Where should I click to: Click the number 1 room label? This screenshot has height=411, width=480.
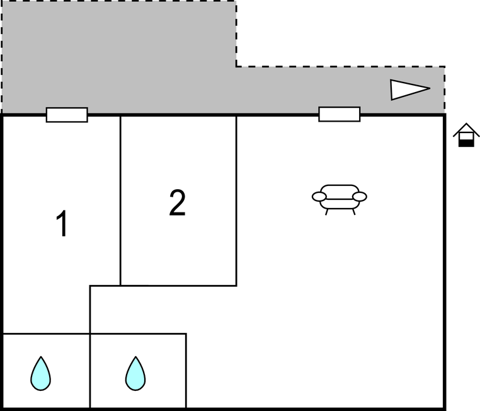62,223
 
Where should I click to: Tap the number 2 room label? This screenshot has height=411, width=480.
178,202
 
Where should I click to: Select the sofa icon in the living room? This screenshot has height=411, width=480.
339,200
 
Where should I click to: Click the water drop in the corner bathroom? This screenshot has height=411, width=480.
41,373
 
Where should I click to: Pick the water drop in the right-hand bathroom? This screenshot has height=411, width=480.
135,373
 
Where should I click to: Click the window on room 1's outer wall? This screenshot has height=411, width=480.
67,115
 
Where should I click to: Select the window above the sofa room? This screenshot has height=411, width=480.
339,114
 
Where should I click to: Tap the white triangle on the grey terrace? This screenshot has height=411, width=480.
409,90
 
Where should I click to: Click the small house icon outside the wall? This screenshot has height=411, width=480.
466,135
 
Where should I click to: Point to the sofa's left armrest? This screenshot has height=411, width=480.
319,197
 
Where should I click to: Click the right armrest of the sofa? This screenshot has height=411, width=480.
360,197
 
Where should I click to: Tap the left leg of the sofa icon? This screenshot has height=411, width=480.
327,212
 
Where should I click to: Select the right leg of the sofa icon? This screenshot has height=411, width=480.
354,212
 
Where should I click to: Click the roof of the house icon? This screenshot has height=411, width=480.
466,129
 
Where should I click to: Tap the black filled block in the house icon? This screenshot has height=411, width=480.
466,143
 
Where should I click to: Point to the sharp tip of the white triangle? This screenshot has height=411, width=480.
430,88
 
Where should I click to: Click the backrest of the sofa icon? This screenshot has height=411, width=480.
339,192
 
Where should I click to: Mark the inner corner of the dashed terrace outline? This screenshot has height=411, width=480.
236,66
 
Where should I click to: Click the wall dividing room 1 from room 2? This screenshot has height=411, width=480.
120,200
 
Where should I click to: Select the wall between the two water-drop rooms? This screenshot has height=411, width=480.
90,371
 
